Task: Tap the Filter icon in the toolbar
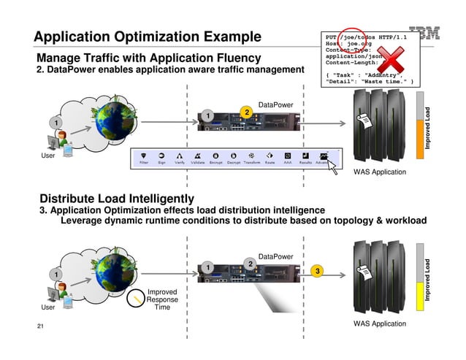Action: click(145, 156)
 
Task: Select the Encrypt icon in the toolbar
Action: click(215, 156)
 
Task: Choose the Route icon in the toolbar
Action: click(269, 156)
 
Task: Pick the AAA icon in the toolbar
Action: click(289, 156)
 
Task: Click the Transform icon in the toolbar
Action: click(251, 156)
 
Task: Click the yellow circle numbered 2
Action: click(247, 112)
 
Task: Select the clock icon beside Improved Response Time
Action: click(135, 299)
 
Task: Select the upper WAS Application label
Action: click(379, 172)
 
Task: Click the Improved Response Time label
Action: click(161, 299)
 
